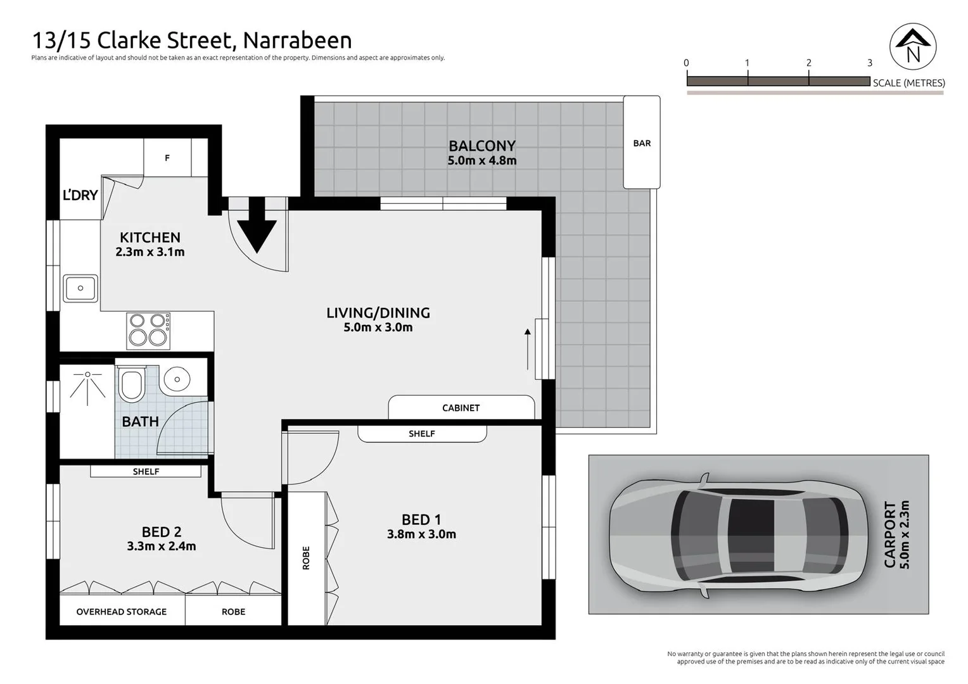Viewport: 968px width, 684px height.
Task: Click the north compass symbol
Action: point(913,46)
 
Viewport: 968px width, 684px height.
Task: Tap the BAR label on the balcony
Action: point(642,143)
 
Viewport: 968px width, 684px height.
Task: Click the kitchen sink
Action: point(80,288)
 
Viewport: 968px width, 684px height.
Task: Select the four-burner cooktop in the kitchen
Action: point(148,330)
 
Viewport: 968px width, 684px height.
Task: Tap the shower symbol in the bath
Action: point(87,384)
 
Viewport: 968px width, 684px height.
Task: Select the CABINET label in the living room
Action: point(461,408)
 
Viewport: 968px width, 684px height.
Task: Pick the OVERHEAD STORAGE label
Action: point(122,612)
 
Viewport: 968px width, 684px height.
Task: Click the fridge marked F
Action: point(167,158)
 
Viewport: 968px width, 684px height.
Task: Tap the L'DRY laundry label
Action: point(80,195)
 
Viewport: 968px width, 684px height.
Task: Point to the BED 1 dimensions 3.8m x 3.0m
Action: point(421,534)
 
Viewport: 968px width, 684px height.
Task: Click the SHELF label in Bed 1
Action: point(422,434)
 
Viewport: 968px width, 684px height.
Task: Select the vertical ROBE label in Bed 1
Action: point(306,558)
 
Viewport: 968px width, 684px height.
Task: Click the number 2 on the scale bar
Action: point(808,63)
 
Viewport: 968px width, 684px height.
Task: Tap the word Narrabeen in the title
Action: point(297,41)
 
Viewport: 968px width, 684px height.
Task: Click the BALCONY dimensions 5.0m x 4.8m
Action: point(482,161)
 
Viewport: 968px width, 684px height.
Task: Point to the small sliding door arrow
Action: point(528,349)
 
